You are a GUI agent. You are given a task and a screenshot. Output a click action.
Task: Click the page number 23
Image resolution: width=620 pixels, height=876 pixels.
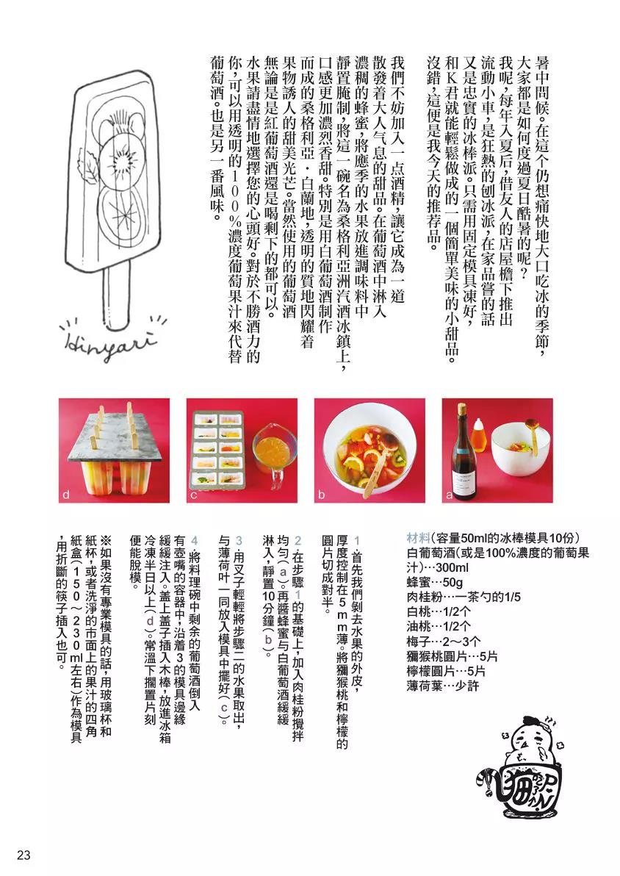[23, 855]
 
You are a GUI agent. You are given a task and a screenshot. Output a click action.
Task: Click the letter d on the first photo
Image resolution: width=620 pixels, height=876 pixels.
[65, 495]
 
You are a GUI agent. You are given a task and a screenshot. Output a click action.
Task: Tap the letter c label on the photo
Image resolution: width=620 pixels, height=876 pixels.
[193, 495]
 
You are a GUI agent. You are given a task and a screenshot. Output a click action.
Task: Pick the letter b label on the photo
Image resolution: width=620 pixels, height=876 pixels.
[321, 495]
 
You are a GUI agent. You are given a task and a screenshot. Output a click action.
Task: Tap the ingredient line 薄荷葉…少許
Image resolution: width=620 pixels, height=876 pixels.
[442, 686]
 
